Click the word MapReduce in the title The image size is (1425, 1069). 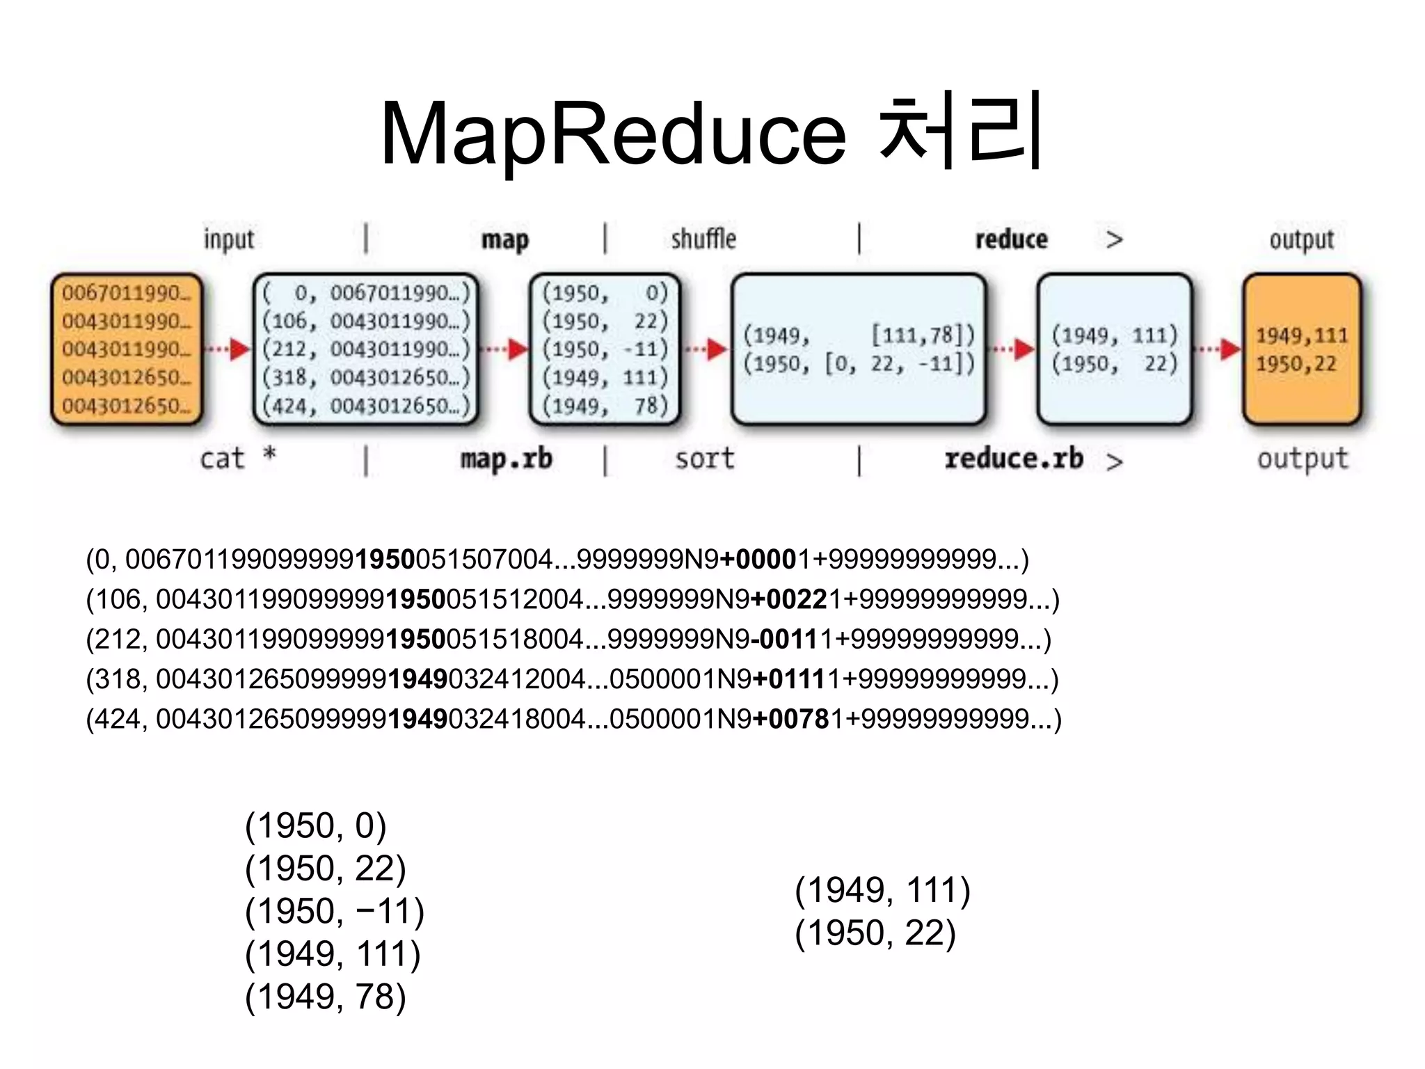coord(612,134)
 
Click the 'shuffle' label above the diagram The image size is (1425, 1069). coord(703,239)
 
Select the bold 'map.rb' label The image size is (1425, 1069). coord(506,459)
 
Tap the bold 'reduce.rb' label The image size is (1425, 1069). coord(1014,459)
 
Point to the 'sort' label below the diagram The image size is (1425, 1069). coord(704,459)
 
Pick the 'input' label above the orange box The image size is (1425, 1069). coord(228,239)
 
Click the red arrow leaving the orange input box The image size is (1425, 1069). coord(228,349)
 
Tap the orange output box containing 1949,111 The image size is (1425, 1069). coord(1302,349)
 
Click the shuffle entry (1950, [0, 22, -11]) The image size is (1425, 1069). coord(859,364)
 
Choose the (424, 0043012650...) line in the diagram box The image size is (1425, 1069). coord(366,406)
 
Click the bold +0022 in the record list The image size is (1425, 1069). coord(789,599)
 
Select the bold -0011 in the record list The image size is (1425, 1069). coord(782,639)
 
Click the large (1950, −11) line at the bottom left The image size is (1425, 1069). coord(334,911)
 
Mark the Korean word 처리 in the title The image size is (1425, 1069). coord(960,132)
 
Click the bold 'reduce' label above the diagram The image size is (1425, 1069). coord(1011,239)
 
